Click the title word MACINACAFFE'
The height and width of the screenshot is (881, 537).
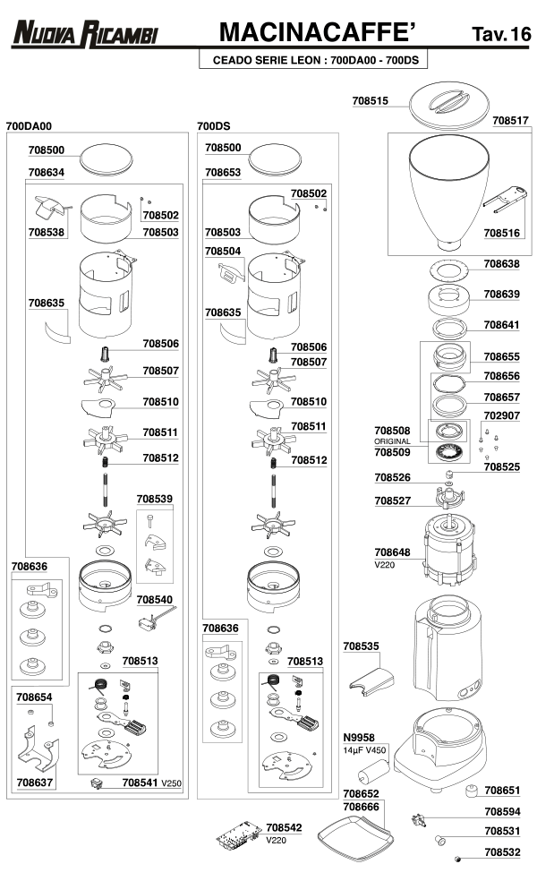(319, 33)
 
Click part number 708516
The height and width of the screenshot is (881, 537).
(502, 232)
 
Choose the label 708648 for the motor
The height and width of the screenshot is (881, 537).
(392, 552)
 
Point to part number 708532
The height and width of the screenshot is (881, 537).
(502, 853)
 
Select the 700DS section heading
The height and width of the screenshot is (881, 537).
(215, 127)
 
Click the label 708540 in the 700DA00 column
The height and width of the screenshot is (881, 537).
(155, 600)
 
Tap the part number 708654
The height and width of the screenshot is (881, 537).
(34, 696)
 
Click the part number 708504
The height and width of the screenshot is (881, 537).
(223, 252)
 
